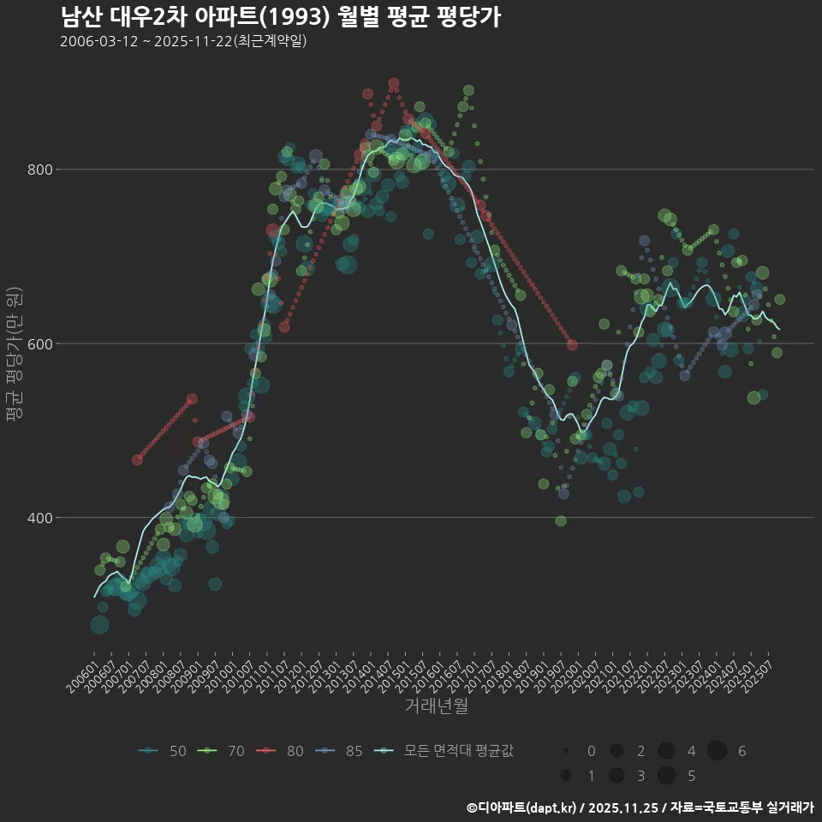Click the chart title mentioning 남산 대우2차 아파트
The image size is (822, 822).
point(281,17)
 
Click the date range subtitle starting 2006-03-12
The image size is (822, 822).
point(183,41)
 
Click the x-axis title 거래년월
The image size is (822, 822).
point(436,706)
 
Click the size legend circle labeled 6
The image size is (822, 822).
point(717,751)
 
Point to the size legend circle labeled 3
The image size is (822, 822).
point(616,776)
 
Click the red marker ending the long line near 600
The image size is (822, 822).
point(572,345)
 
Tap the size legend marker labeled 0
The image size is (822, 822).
point(566,751)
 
